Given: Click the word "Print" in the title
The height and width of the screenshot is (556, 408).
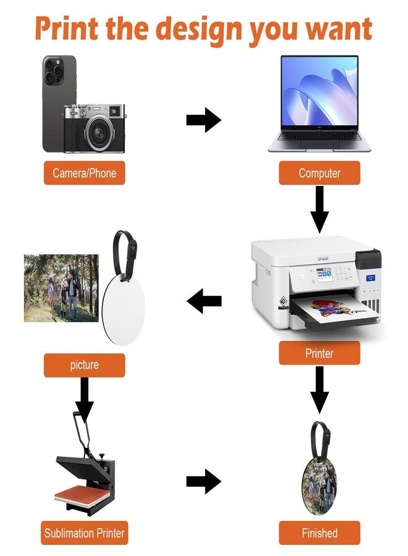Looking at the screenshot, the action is point(66,28).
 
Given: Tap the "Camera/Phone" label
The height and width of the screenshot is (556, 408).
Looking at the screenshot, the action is point(85,173).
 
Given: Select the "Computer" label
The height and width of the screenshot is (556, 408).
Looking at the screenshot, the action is point(320,173).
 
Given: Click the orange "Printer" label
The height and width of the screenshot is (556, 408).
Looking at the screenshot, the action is point(320,353).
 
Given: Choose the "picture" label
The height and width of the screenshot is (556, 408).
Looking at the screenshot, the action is point(85,365).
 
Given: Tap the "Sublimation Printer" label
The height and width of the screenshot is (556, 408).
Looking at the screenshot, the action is point(85,533).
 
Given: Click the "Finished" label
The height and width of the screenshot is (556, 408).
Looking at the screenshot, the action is point(320,533).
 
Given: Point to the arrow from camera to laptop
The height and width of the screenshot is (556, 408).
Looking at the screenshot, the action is point(203,120).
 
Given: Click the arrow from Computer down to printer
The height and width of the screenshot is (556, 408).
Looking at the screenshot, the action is point(320,209).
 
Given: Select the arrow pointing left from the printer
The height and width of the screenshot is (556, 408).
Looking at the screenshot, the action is point(204,301).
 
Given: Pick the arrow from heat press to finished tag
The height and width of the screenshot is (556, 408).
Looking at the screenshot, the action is point(203,481).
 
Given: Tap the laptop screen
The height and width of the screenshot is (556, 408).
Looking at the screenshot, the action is point(320,91).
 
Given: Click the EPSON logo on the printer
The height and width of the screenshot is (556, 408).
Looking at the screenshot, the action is point(323,258).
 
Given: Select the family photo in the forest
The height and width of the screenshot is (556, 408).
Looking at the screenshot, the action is point(61,288).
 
